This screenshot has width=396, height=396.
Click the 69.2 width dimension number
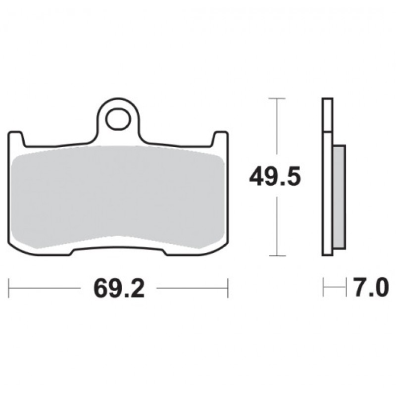point(119,289)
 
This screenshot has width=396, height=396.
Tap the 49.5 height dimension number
point(275,176)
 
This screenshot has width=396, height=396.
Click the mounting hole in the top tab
point(118,119)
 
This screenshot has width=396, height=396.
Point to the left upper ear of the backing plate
point(16,139)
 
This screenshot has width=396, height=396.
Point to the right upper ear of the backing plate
point(220,139)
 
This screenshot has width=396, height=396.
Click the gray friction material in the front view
point(118,197)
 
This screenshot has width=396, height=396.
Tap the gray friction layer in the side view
point(339,198)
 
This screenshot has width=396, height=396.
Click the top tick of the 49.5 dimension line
point(277,98)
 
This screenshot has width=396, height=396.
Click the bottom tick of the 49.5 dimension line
point(277,255)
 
